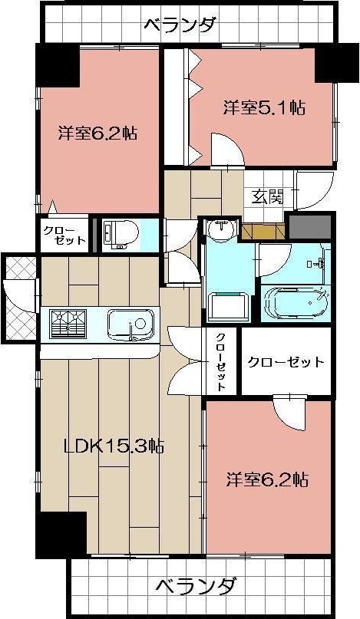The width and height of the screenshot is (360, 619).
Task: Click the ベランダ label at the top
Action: tap(180, 25)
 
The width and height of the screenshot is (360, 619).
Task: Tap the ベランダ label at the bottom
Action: tap(195, 587)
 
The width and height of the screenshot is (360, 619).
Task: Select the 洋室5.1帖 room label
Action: tap(265, 107)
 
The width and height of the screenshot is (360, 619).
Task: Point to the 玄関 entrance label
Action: tap(264, 197)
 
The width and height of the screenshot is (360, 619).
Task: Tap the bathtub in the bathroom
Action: tap(296, 301)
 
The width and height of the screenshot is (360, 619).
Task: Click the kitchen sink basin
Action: tap(132, 325)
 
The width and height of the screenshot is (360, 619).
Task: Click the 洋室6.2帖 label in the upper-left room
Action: tap(98, 133)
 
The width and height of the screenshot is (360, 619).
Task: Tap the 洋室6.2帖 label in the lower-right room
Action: tap(267, 481)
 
